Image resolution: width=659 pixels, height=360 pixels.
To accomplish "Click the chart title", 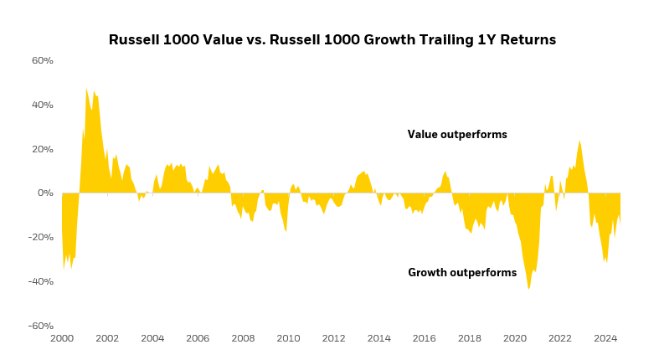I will (x=332, y=39).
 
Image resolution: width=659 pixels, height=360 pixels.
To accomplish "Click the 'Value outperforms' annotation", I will (x=457, y=135).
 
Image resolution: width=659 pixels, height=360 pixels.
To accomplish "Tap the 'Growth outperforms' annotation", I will (x=461, y=273).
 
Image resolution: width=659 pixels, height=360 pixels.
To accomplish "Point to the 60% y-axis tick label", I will (x=43, y=61).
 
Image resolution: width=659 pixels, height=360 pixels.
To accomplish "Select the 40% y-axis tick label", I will (x=43, y=105).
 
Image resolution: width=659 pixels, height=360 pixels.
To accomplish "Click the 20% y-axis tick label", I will (x=43, y=149).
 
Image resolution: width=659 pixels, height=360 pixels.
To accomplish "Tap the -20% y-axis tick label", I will (x=41, y=237).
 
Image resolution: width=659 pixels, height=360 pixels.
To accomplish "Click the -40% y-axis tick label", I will (x=41, y=281).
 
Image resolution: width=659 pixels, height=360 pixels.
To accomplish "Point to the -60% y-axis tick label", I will (x=41, y=326).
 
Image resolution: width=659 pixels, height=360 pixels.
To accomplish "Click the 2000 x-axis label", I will (x=62, y=339).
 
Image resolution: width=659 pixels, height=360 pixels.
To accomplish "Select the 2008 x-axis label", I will (x=243, y=339).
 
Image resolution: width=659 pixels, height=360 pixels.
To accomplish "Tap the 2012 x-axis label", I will (x=333, y=339).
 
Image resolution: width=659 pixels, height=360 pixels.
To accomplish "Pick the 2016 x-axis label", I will (x=424, y=339).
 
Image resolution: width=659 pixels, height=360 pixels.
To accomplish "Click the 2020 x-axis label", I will (x=514, y=339).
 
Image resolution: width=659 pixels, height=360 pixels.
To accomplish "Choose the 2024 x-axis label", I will (x=605, y=339).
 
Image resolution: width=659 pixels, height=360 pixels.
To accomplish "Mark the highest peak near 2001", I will (x=86, y=89).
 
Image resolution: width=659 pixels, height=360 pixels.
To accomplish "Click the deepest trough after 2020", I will (x=528, y=288).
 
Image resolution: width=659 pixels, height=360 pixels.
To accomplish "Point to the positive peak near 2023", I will (x=579, y=141).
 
